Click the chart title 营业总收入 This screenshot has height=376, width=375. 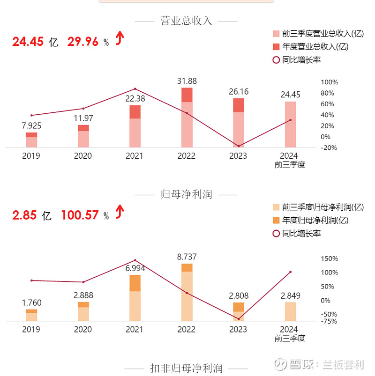[x=186, y=21]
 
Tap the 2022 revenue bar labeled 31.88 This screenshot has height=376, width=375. [x=187, y=118]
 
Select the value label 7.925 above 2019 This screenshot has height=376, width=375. [x=31, y=126]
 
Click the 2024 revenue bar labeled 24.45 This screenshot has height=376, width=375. [x=290, y=125]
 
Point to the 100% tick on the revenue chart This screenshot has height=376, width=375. [x=329, y=82]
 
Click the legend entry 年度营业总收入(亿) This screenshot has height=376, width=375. [x=315, y=47]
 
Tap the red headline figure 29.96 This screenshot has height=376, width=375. [x=83, y=42]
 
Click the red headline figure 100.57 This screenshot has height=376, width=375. [x=80, y=215]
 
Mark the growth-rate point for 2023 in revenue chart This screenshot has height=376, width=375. [x=239, y=147]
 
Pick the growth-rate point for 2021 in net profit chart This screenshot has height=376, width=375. [x=135, y=260]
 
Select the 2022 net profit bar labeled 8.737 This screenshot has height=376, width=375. [x=187, y=292]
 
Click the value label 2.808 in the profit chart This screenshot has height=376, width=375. [x=239, y=296]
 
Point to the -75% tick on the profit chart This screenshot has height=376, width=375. [x=329, y=321]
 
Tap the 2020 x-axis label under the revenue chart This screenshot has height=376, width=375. [x=83, y=156]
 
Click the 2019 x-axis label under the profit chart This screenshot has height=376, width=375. [x=31, y=330]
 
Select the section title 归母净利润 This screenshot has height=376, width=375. [x=186, y=194]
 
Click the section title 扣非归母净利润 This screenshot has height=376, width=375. [x=186, y=368]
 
